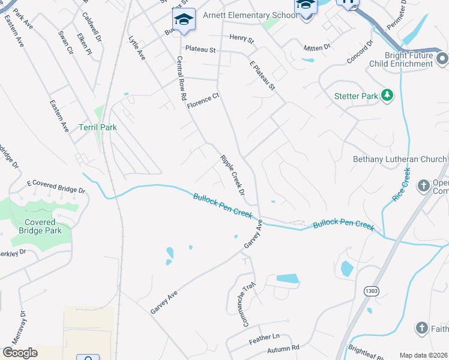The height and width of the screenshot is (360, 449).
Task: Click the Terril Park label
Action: coord(97,127)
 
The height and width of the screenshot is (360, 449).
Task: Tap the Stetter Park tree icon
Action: coord(388,95)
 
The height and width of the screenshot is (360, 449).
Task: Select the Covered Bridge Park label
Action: coord(41,226)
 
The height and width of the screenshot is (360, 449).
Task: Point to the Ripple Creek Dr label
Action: coord(232,175)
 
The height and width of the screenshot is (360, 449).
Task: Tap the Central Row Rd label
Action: coord(181,79)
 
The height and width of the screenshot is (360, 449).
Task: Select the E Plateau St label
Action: coord(262,74)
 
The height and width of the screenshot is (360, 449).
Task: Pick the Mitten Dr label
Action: coord(318,46)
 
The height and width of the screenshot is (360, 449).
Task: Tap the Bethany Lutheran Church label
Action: coord(399,159)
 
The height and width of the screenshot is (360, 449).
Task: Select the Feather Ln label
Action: coord(264,338)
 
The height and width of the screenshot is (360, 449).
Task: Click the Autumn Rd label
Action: coord(283,347)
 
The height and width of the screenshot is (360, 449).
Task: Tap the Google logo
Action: coord(20,353)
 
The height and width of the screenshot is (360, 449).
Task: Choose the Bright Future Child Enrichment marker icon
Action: coord(442,59)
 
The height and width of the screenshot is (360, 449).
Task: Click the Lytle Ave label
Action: coord(137,47)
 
